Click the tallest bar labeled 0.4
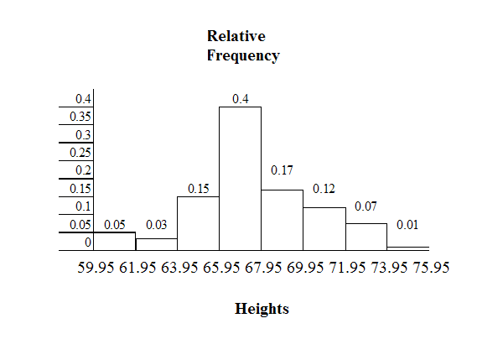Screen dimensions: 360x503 tap(240, 179)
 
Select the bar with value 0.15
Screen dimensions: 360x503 tap(198, 223)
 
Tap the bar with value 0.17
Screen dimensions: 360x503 tap(282, 220)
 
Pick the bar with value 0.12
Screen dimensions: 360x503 tap(324, 229)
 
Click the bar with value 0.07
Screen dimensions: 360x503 tap(366, 237)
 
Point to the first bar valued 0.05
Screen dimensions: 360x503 tap(114, 242)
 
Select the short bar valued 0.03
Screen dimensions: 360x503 tap(156, 244)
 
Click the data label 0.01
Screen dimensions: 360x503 tap(407, 226)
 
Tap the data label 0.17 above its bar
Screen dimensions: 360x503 tap(282, 171)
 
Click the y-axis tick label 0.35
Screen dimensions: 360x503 tap(80, 117)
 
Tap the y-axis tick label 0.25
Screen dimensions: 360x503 tap(80, 153)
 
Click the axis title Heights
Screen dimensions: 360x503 tap(262, 309)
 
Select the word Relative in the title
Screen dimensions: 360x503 tap(236, 37)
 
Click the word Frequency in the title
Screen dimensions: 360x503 tap(242, 56)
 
